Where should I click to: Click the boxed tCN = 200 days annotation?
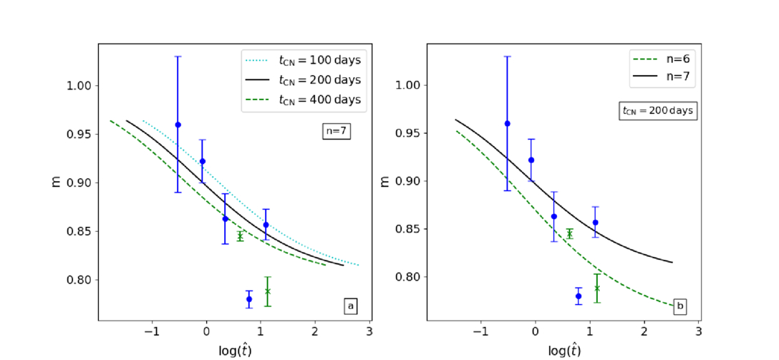[657, 111]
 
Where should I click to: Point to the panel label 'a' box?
[350, 306]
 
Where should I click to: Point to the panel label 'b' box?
[679, 306]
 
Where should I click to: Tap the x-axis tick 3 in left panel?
[369, 332]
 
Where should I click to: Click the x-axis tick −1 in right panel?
[480, 332]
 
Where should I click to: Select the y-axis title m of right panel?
[385, 181]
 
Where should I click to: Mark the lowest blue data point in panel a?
[248, 298]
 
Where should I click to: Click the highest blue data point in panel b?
[507, 123]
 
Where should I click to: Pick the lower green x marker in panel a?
[267, 291]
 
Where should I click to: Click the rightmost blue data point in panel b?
[595, 223]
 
